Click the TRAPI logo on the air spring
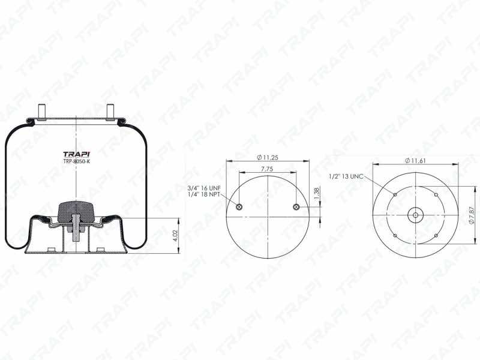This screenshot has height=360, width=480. (x=76, y=154)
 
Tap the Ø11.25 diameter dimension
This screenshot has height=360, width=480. (x=268, y=158)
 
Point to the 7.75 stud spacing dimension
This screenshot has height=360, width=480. (x=267, y=169)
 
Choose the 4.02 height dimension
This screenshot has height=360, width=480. (x=176, y=236)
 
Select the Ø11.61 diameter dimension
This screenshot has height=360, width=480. (x=415, y=161)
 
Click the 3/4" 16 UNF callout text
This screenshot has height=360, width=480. (x=205, y=188)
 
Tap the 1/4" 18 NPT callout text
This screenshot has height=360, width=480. (x=205, y=194)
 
